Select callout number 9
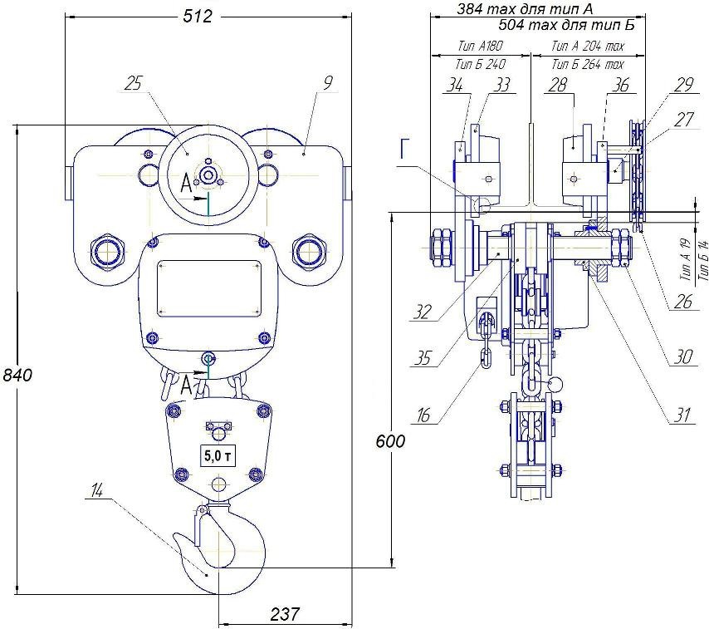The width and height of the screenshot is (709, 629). [x=329, y=82]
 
